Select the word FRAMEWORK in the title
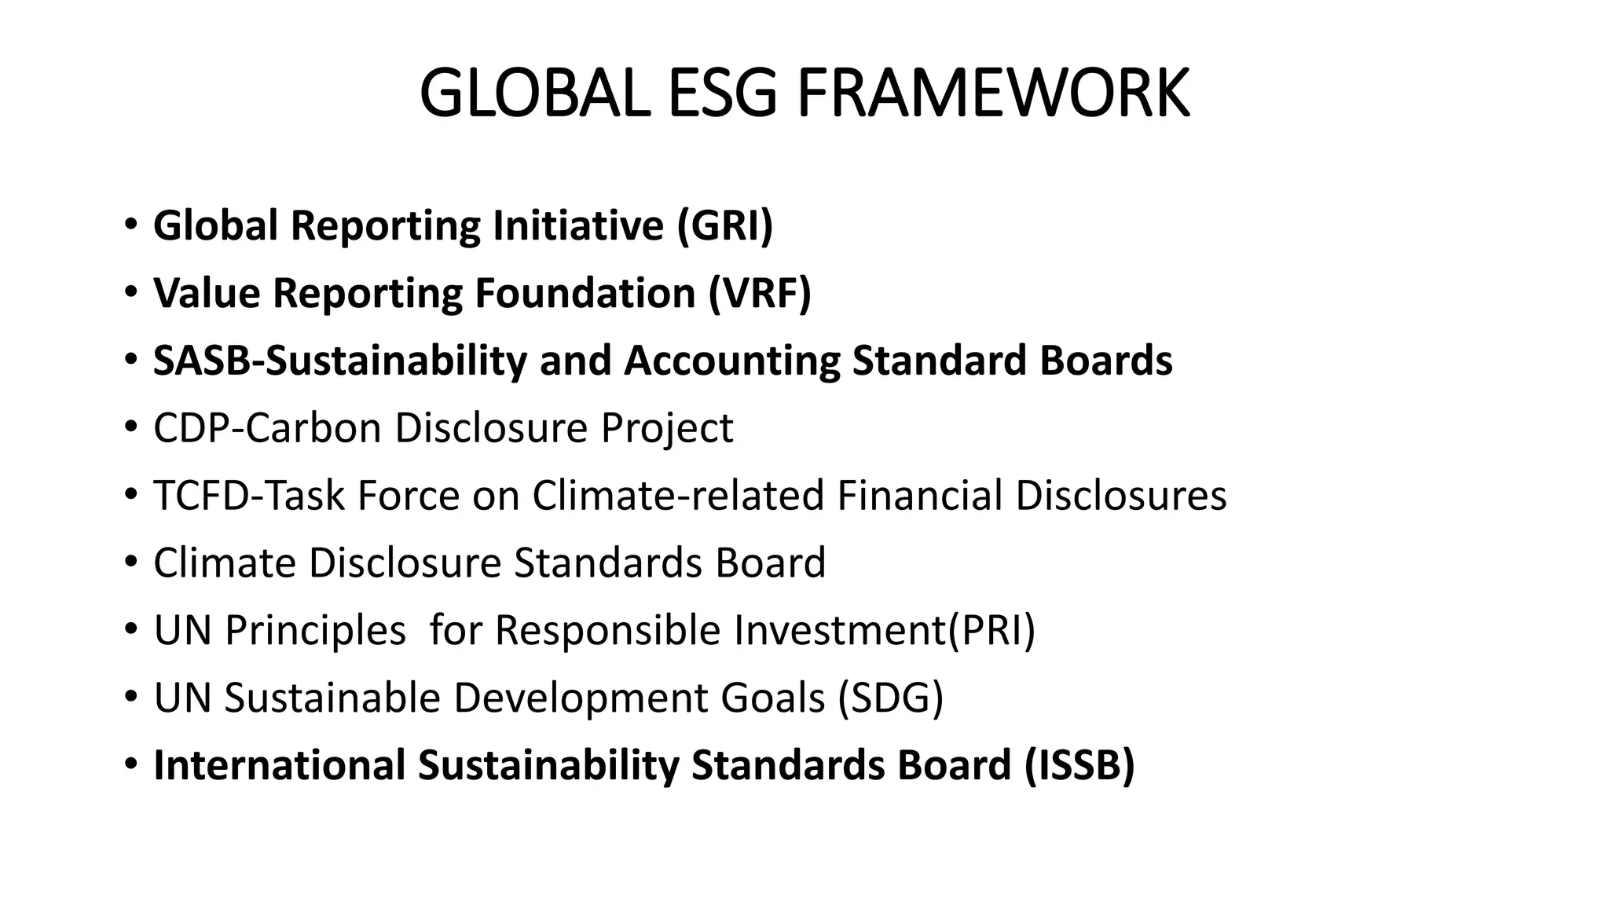[993, 93]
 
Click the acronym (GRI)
[725, 225]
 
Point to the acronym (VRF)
[760, 293]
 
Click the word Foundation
[585, 293]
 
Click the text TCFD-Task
[249, 496]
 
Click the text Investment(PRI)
[885, 631]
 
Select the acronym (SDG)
[890, 698]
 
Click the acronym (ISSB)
[1079, 766]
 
